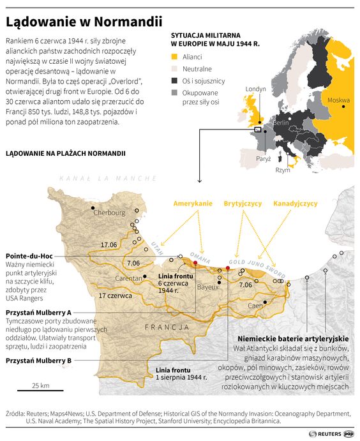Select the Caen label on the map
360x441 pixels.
click(x=255, y=306)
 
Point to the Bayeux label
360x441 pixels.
click(x=207, y=287)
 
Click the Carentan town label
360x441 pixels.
click(x=129, y=278)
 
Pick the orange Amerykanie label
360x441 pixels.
click(x=193, y=204)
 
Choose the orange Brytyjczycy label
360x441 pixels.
click(x=243, y=204)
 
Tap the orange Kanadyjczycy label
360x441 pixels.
click(x=296, y=204)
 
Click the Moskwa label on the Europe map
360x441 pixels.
click(x=338, y=100)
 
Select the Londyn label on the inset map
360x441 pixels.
click(x=255, y=89)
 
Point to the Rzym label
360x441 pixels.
click(x=282, y=170)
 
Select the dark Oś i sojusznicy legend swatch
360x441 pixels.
click(x=175, y=81)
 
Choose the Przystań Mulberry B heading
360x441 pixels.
click(x=38, y=361)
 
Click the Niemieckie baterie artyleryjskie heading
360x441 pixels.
click(x=293, y=338)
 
